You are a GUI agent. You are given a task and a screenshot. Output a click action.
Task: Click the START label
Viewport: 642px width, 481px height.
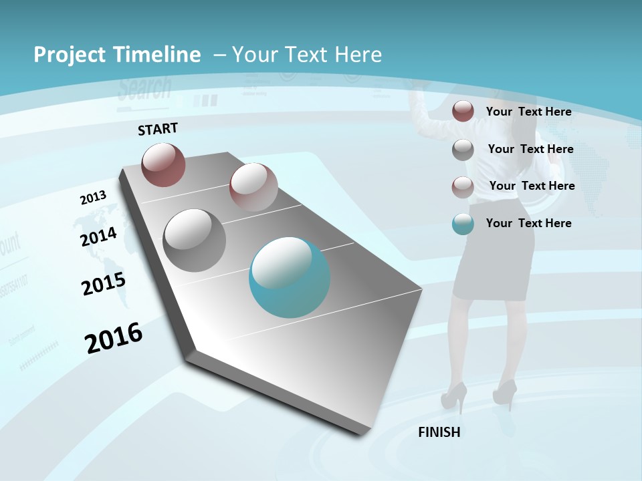pyautogui.click(x=158, y=128)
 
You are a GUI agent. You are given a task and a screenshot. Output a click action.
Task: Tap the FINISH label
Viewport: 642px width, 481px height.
pyautogui.click(x=439, y=432)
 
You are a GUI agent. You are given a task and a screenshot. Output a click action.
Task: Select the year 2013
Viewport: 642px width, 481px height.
pyautogui.click(x=93, y=198)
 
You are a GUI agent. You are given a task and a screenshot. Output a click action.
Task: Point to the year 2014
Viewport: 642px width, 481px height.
pyautogui.click(x=99, y=236)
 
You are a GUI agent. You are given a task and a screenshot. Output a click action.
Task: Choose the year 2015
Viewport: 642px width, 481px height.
pyautogui.click(x=104, y=284)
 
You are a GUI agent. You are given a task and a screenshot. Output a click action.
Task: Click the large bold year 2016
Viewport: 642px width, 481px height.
pyautogui.click(x=114, y=338)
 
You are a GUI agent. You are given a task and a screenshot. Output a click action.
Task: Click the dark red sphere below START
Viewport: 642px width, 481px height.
pyautogui.click(x=163, y=164)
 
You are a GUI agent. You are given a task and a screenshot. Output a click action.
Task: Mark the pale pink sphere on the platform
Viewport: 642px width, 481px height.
pyautogui.click(x=253, y=187)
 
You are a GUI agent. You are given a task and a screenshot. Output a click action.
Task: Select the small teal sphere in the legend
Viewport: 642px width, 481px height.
pyautogui.click(x=463, y=224)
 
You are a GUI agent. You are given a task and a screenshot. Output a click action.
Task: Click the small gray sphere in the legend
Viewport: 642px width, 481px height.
pyautogui.click(x=463, y=150)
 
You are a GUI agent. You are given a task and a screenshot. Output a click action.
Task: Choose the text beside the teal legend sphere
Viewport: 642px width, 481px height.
pyautogui.click(x=529, y=223)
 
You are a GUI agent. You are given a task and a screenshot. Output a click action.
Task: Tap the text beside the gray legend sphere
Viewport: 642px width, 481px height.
pyautogui.click(x=531, y=149)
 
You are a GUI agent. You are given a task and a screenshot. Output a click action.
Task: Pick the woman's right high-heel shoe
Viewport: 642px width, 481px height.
pyautogui.click(x=505, y=392)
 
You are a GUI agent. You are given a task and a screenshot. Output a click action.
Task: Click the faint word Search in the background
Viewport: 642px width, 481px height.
pyautogui.click(x=144, y=88)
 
